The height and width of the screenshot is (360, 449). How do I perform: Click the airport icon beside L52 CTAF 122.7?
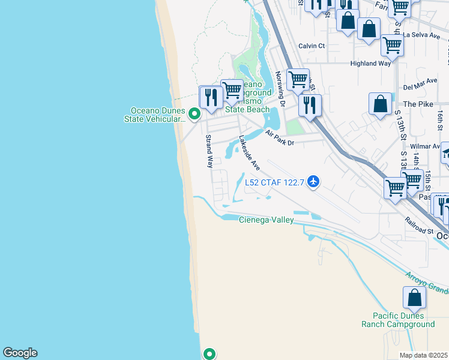click(x=313, y=181)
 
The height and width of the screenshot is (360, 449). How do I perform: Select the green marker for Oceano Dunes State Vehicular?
click(x=194, y=113)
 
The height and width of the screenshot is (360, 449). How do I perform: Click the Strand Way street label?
click(x=209, y=151)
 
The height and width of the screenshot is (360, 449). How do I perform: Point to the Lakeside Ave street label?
click(x=249, y=152)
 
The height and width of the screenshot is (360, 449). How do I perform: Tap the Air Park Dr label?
click(x=279, y=139)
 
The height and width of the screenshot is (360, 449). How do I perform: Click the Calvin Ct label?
click(x=312, y=46)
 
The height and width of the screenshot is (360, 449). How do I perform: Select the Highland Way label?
click(x=370, y=63)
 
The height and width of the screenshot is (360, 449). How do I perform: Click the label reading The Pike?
click(x=418, y=104)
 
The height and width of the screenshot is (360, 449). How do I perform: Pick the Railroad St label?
click(x=419, y=226)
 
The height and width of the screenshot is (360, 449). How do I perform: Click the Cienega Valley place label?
click(x=267, y=220)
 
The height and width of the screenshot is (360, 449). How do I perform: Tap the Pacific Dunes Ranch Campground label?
click(x=398, y=320)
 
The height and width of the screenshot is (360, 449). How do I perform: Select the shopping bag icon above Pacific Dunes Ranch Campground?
click(x=414, y=298)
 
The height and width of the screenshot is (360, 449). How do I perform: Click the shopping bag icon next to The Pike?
click(x=381, y=104)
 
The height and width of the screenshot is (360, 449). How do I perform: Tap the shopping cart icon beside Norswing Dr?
click(x=297, y=79)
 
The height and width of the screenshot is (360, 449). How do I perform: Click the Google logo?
click(x=20, y=353)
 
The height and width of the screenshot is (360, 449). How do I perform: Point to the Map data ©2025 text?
click(x=423, y=355)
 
